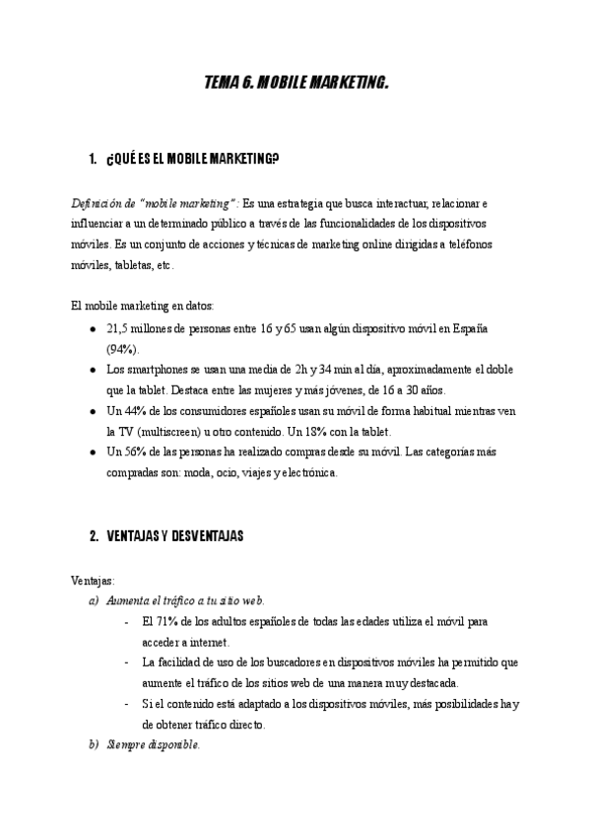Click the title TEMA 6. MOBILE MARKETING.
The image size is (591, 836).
[x=295, y=85]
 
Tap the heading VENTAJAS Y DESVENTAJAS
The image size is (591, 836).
[x=174, y=536]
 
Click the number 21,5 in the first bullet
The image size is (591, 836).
[x=118, y=327]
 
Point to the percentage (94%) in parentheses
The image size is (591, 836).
[x=123, y=348]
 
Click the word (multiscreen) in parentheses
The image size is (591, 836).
[x=161, y=432]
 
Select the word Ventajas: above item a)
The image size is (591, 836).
[x=94, y=580]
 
